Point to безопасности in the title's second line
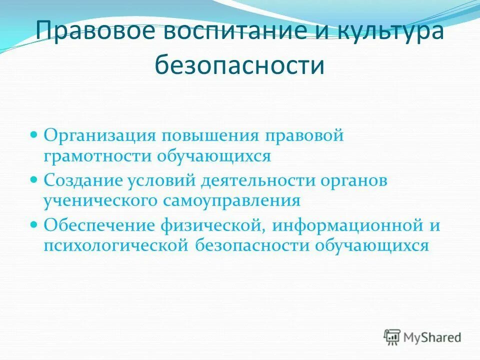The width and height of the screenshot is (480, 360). [x=239, y=65]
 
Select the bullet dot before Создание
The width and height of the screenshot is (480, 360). [x=34, y=178]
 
